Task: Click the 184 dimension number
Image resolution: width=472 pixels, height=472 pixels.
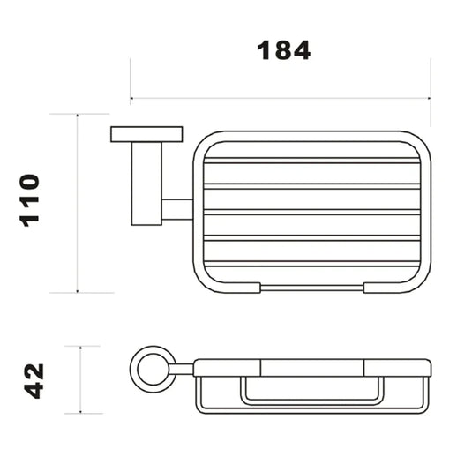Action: (x=283, y=50)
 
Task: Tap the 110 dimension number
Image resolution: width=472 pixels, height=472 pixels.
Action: (x=29, y=200)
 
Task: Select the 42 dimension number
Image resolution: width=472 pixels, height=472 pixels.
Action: (x=34, y=381)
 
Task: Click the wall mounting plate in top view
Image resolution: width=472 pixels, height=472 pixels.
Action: (x=146, y=134)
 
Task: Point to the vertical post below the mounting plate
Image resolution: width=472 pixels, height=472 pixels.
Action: (x=146, y=184)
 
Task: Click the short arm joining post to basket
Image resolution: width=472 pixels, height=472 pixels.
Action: (x=177, y=209)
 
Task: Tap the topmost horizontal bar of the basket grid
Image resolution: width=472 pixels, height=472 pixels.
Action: (x=311, y=161)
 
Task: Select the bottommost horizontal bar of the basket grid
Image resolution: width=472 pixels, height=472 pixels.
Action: (x=311, y=264)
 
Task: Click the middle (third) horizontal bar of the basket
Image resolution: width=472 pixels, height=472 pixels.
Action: (x=311, y=213)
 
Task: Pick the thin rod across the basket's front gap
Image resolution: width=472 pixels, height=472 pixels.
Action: (x=311, y=288)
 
